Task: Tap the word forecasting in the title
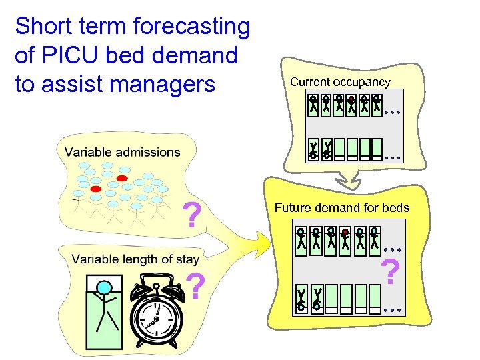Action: pos(192,27)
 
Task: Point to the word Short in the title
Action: pos(41,27)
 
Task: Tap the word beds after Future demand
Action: pos(396,208)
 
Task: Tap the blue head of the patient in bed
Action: pos(103,287)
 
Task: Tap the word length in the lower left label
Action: pos(139,259)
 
